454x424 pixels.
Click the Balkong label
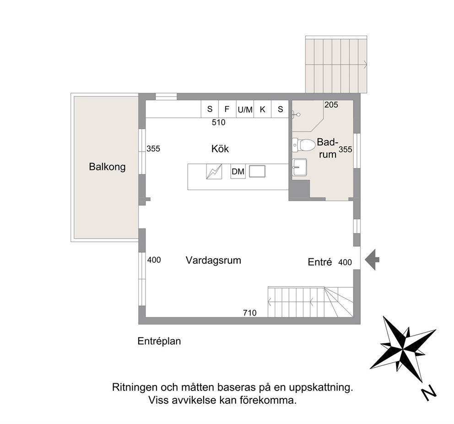(x=107, y=167)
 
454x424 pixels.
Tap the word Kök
(x=220, y=148)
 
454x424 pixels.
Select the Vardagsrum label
(x=213, y=260)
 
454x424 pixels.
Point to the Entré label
(x=319, y=262)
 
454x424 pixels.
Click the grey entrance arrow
(x=372, y=260)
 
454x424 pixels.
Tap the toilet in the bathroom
(x=303, y=145)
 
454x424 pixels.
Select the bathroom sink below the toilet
(x=299, y=167)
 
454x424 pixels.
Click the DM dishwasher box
(x=238, y=171)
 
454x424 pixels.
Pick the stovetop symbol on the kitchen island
(x=214, y=171)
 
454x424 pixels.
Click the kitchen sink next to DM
(x=257, y=171)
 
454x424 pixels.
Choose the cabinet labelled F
(x=227, y=109)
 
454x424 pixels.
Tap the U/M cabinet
(x=245, y=109)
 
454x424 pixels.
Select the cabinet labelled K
(x=263, y=109)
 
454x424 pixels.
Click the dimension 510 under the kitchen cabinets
(x=218, y=123)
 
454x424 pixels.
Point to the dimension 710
(x=249, y=313)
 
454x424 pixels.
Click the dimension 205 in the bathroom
(x=331, y=104)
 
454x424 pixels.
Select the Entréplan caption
(x=159, y=341)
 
